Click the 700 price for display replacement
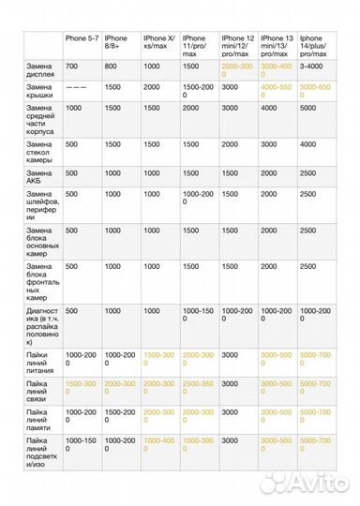pos(72,67)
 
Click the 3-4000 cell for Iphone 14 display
pos(312,67)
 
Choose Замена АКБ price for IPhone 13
pos(269,173)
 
